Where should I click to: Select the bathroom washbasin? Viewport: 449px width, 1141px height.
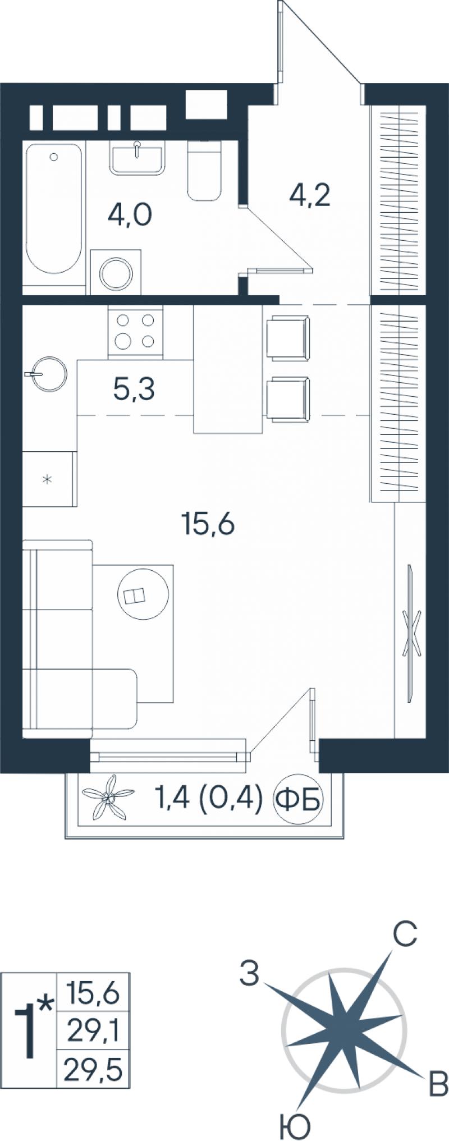(138, 157)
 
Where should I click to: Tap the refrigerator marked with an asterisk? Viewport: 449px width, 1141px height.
(49, 478)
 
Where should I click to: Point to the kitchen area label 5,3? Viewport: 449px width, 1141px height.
(134, 389)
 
